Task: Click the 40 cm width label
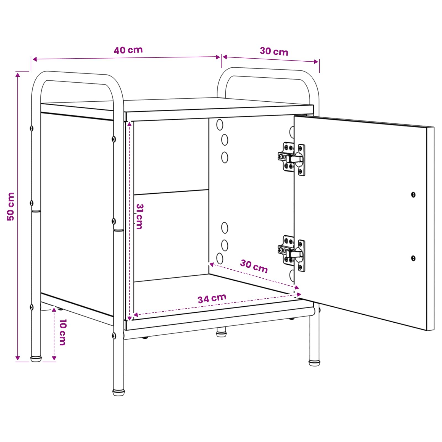coord(128,50)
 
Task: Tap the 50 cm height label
coord(10,207)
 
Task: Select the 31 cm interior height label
coord(140,217)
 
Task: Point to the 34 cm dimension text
coord(212,298)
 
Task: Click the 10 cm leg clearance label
coord(63,332)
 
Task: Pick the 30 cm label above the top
coord(274,51)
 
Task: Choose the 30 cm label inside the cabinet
coord(254,266)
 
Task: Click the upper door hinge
coord(291,159)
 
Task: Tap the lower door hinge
coord(291,253)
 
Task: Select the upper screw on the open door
coord(413,195)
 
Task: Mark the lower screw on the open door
coord(413,258)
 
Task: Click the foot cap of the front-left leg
coord(119,392)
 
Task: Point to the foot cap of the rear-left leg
coord(36,359)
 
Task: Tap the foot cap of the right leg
coord(314,363)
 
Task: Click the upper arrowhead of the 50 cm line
coord(18,75)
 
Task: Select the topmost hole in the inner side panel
coord(220,125)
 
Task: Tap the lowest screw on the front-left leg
coord(114,336)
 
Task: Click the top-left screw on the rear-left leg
coord(31,128)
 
